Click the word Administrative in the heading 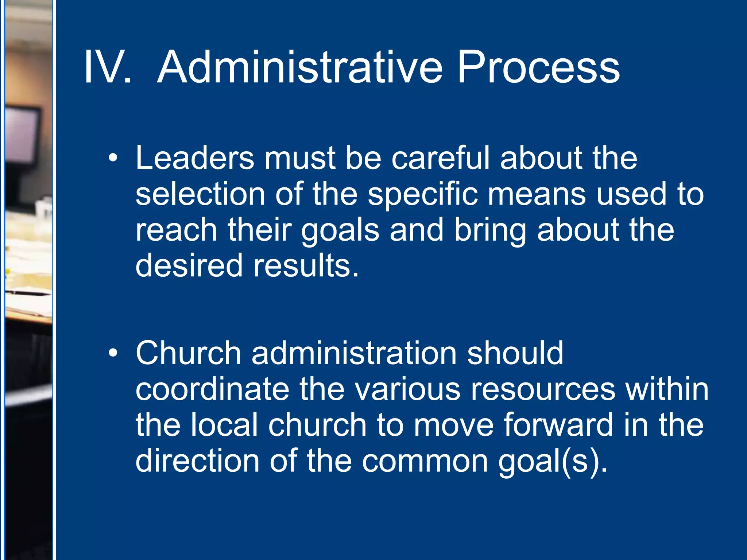[299, 68]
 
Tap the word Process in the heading [538, 68]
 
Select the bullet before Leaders [113, 158]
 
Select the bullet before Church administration [113, 353]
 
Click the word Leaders [194, 158]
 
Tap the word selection [200, 194]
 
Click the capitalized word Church [188, 353]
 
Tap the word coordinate [212, 389]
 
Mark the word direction [197, 461]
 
